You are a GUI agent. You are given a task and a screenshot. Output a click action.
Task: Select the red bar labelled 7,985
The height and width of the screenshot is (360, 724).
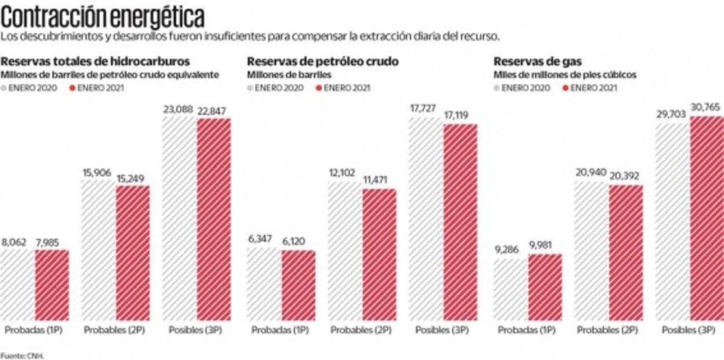(52, 285)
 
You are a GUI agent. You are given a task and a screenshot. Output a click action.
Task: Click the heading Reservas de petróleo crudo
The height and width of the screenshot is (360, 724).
(323, 62)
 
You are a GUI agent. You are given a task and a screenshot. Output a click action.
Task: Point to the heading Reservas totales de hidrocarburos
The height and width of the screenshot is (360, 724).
(95, 62)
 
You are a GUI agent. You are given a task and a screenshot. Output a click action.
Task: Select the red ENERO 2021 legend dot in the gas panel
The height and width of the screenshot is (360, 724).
(566, 88)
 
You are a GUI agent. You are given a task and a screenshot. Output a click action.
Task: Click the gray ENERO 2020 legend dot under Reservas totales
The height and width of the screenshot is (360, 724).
(5, 88)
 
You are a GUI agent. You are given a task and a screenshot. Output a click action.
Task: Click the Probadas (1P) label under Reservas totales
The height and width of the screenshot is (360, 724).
(34, 330)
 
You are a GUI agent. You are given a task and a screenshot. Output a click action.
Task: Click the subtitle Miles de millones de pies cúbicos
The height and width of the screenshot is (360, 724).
(565, 75)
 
